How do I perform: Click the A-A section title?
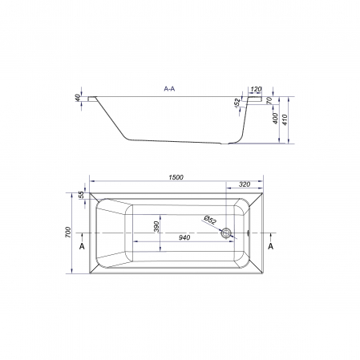pos(169,89)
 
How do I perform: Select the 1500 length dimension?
pos(176,177)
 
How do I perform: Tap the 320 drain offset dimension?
pos(245,184)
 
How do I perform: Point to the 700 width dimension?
pos(68,232)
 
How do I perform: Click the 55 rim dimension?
pos(82,195)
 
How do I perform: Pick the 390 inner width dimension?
pos(156,227)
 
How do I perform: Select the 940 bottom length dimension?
pos(184,237)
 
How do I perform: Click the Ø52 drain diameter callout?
pos(210,220)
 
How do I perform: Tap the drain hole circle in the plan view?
pos(226,233)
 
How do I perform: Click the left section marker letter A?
pos(82,246)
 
